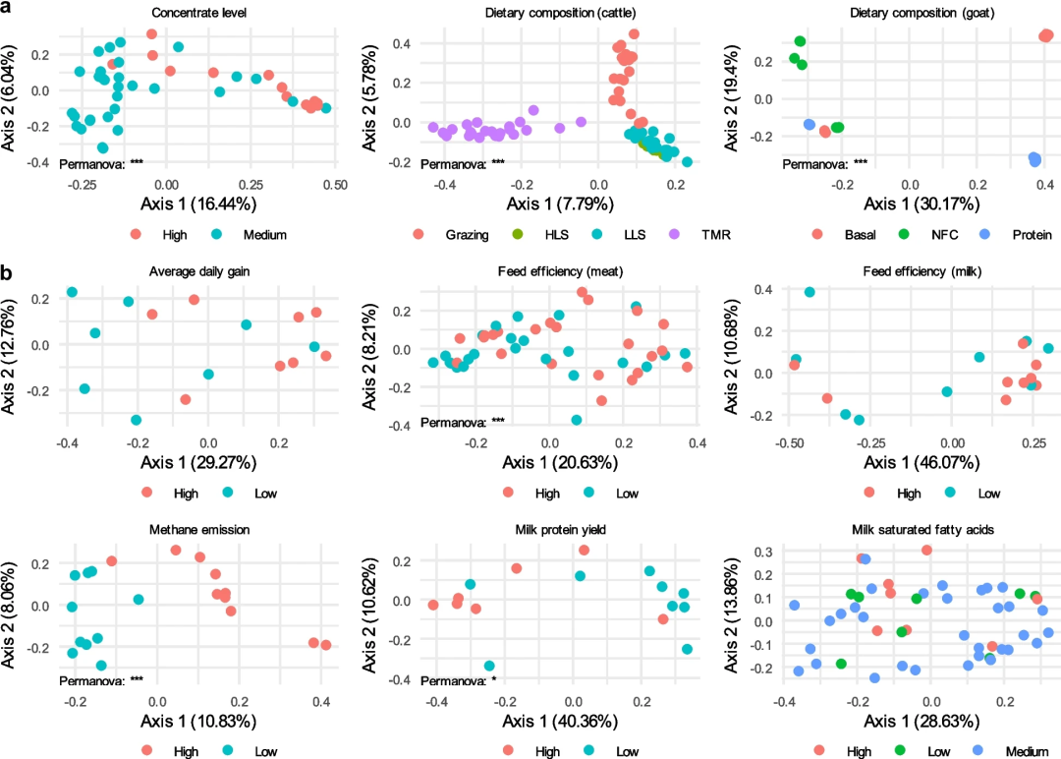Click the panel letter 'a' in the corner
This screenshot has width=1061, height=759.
[8, 8]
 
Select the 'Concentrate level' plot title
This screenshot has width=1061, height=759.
[198, 13]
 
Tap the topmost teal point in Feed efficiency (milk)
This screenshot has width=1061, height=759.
[810, 292]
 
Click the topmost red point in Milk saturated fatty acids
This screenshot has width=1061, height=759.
[926, 551]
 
